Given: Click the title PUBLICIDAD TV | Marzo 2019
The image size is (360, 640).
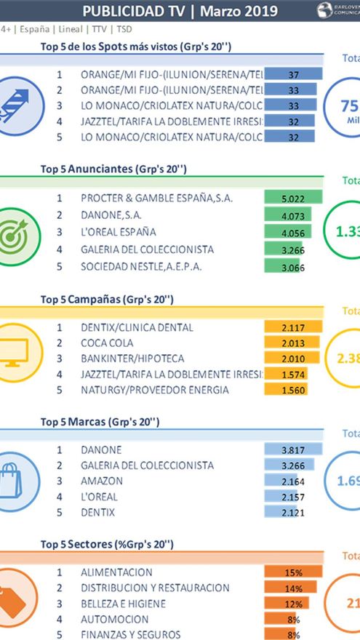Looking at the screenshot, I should (x=180, y=10).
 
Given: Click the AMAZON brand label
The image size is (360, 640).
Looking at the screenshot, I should (x=102, y=481).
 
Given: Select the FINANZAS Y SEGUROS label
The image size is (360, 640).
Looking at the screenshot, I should (x=130, y=634).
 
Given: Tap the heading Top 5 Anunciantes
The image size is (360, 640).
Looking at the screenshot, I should (x=114, y=169).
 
